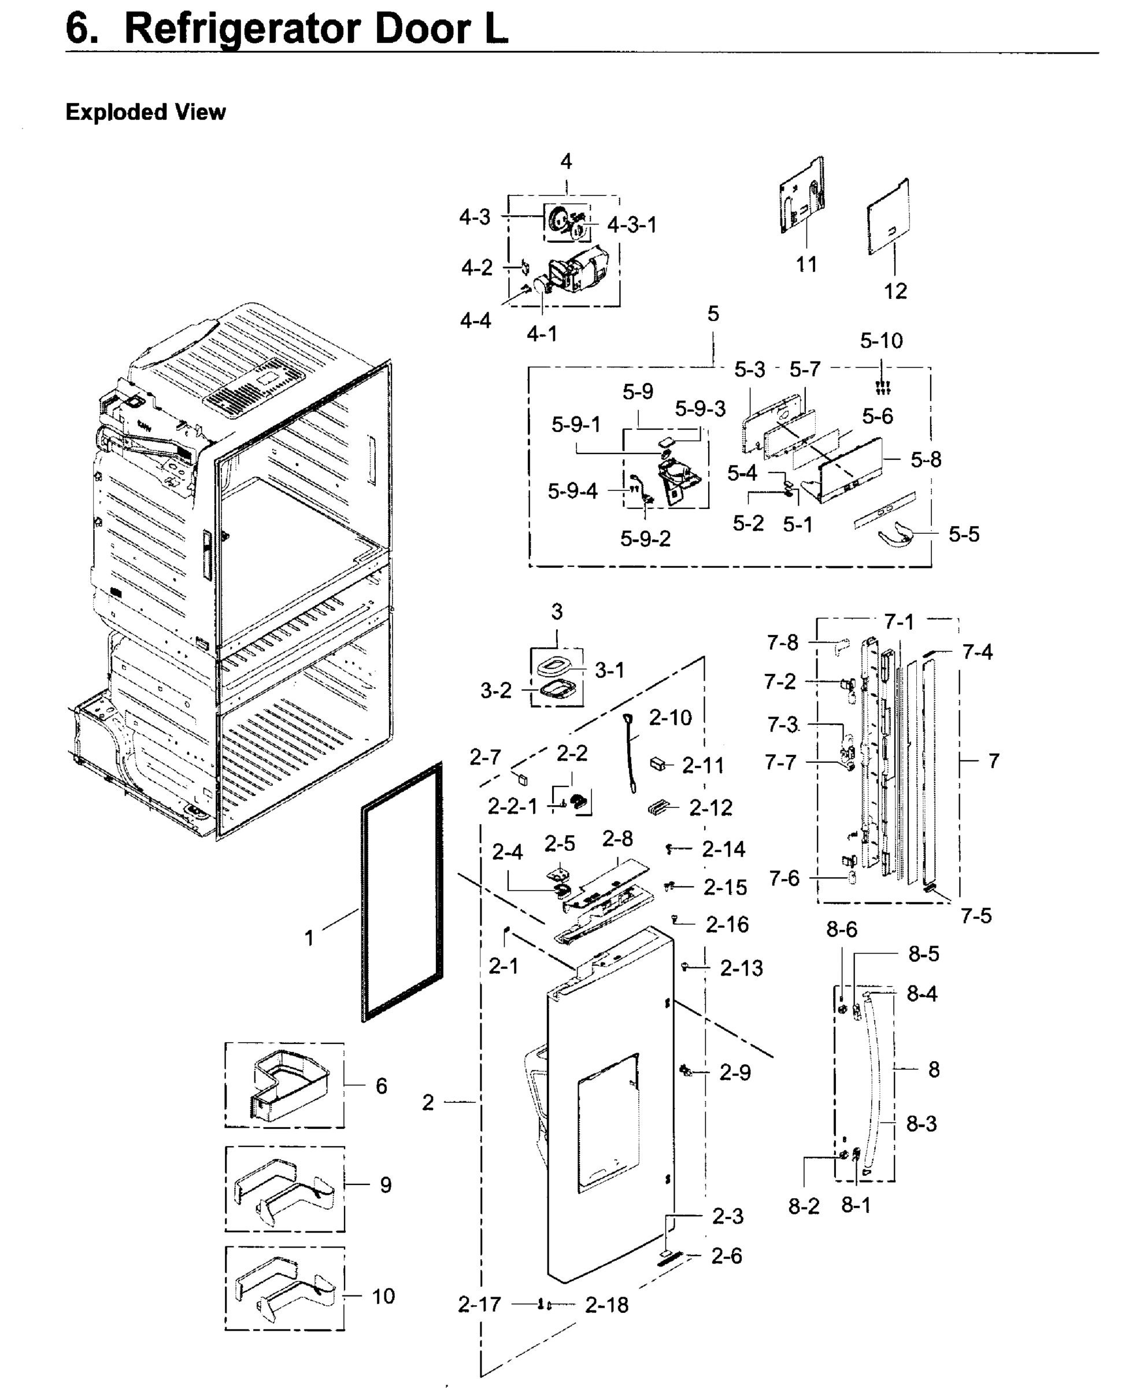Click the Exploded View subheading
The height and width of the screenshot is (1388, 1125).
145,112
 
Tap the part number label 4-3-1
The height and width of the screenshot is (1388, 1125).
632,225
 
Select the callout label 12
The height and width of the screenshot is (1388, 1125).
895,291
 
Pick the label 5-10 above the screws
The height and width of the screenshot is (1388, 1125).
882,341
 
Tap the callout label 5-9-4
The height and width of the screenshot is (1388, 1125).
572,492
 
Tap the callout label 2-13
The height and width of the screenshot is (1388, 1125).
741,968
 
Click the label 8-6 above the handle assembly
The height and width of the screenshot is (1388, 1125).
841,929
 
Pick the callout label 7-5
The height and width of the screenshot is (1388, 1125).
976,916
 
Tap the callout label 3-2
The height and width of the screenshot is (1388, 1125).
496,691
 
